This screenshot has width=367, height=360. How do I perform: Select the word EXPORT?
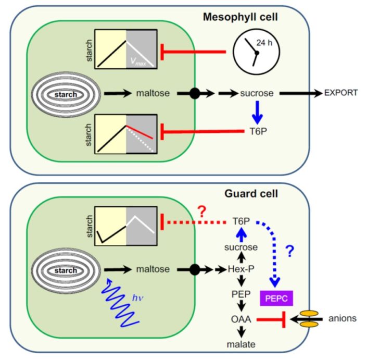(341, 94)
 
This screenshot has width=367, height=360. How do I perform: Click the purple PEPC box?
(276, 298)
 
